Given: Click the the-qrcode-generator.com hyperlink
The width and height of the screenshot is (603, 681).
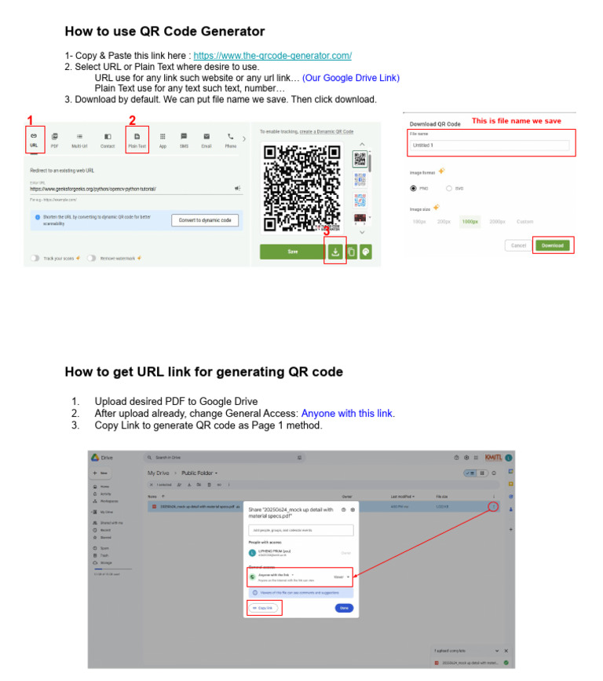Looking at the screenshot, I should coord(272,56).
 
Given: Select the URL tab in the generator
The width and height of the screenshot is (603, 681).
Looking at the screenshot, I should coord(33,140).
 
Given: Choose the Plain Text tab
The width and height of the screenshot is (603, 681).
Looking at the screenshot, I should coord(137,140).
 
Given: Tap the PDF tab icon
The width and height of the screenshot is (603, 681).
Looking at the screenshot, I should coord(54,140).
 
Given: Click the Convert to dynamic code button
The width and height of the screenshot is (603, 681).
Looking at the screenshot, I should coord(204,220).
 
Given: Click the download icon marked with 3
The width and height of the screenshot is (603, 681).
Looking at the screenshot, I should coord(335,252).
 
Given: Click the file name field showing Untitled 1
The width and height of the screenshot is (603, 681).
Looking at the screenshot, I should coord(490,145).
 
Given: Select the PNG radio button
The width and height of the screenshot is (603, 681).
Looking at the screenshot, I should coord(414,189).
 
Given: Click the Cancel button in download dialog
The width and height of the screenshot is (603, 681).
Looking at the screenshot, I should coord(518,245).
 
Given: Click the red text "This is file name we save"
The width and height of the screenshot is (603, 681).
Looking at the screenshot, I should coord(516,121).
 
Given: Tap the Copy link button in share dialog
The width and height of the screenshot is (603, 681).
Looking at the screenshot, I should coord(263,608).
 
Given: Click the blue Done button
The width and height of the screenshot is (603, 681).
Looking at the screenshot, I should coord(343,608).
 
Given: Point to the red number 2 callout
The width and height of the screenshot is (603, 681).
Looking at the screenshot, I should coord(132,120).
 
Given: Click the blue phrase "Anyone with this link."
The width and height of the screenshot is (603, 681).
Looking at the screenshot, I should coord(348,414).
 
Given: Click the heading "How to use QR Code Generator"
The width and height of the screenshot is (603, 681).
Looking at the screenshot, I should coord(164,32).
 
